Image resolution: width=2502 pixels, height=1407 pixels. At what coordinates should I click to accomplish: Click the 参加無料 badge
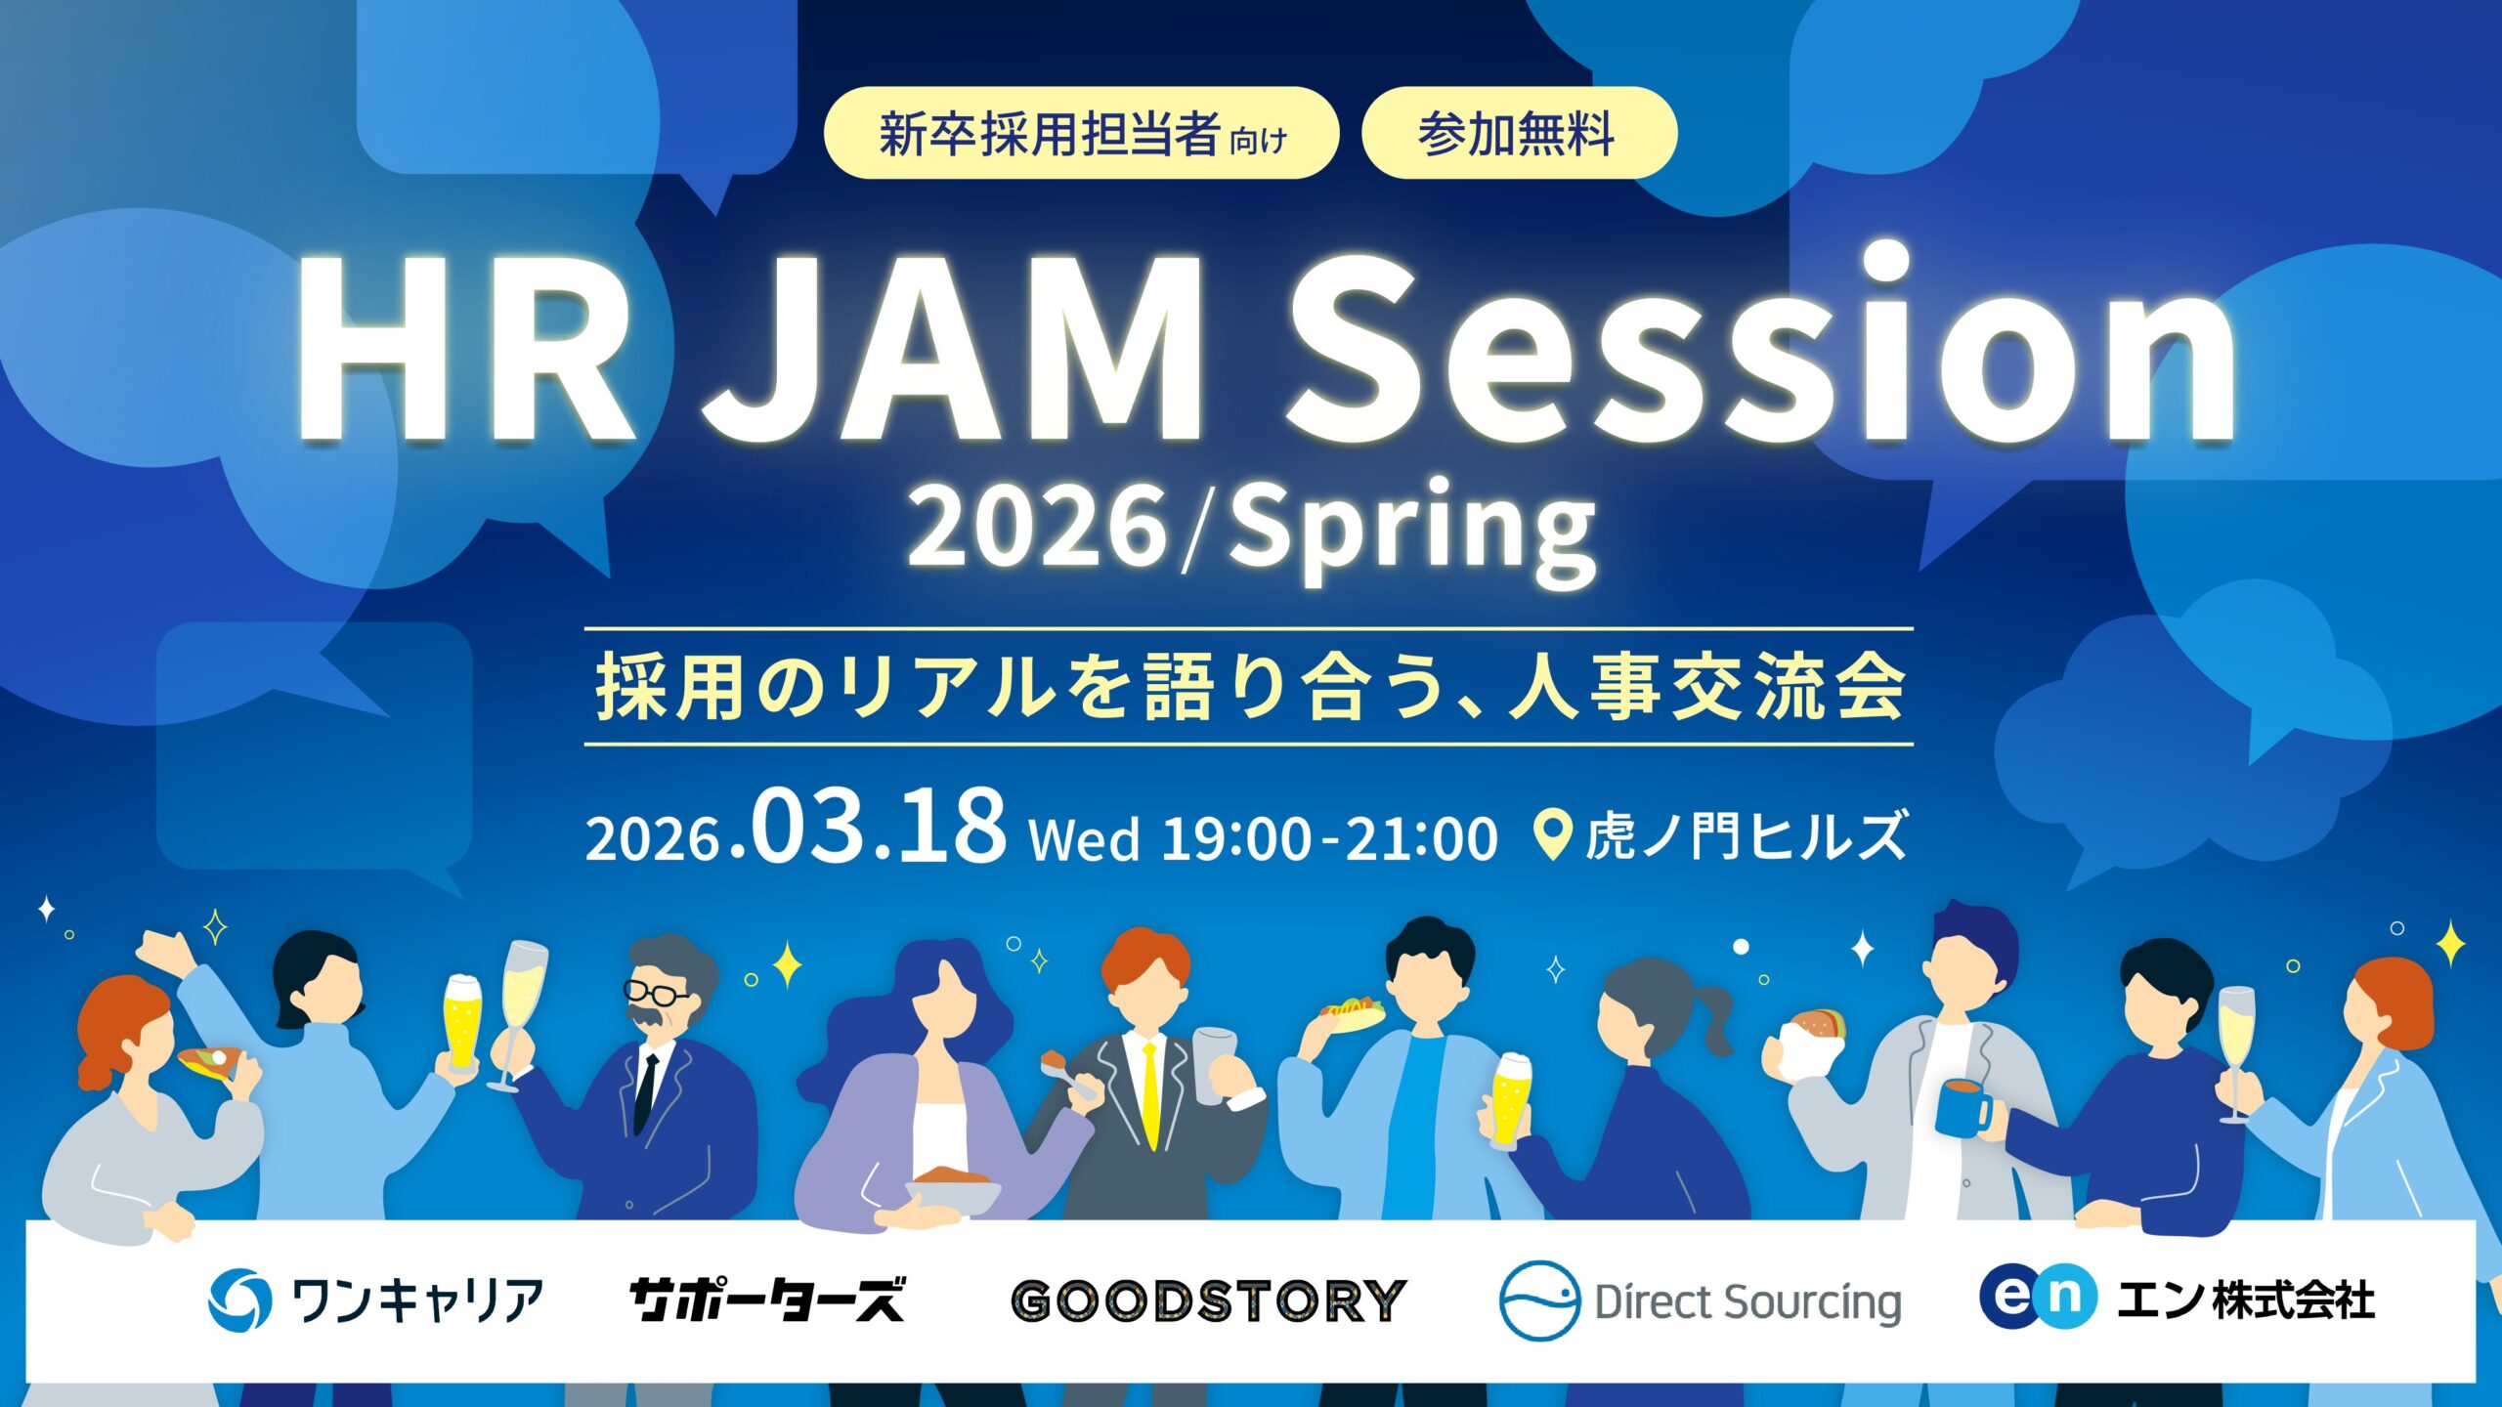[1518, 134]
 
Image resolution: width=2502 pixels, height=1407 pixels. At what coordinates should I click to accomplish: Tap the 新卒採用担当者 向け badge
[1081, 134]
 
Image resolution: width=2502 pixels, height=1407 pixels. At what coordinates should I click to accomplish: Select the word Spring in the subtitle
[1412, 533]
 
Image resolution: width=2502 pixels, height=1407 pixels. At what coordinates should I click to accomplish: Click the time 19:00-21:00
[1329, 838]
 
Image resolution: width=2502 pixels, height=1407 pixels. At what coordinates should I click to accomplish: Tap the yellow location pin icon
[1552, 833]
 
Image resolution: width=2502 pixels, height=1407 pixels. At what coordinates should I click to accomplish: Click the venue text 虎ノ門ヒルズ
[1746, 836]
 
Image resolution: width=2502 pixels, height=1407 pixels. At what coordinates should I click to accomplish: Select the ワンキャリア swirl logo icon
[239, 1300]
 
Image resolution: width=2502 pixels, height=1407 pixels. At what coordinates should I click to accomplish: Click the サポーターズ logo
[767, 1300]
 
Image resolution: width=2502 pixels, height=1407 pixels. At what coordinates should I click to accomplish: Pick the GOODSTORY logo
[1208, 1300]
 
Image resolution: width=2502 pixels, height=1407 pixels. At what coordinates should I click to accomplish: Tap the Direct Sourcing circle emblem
[1539, 1300]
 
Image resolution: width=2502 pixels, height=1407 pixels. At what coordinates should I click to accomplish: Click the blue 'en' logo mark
[2037, 1297]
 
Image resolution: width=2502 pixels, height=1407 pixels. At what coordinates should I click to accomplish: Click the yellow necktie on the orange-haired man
[1151, 1094]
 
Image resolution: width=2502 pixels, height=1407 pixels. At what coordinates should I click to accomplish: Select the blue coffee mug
[1962, 1109]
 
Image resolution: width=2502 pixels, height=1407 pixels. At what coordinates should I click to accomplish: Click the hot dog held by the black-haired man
[1352, 1010]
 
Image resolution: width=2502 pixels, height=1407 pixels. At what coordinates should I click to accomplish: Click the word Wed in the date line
[1085, 840]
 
